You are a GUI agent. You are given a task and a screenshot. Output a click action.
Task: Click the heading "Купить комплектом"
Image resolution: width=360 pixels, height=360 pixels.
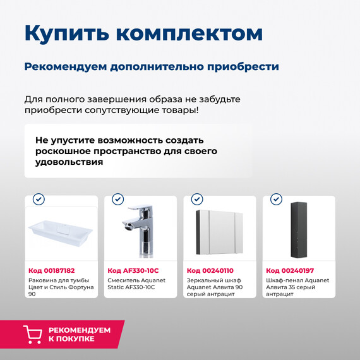coord(143,33)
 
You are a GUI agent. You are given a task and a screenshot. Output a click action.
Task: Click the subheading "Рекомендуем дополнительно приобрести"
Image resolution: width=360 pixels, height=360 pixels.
coord(152,67)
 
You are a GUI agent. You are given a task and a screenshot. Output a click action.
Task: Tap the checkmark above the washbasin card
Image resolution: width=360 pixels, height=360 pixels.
coord(39,199)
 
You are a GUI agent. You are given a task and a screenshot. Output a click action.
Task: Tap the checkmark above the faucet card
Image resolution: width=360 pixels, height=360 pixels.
coord(117,199)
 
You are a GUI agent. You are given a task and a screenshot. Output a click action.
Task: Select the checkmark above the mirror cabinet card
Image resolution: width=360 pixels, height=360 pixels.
coord(197,199)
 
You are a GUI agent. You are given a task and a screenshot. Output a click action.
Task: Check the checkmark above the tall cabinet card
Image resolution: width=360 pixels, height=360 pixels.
coord(276,199)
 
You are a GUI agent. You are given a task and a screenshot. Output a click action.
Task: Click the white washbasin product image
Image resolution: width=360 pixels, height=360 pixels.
coord(61,231)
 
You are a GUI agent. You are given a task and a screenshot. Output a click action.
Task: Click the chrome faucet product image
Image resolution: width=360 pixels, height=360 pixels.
coord(141,231)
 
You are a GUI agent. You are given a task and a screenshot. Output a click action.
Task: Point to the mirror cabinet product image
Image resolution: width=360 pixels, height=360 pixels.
coord(220,231)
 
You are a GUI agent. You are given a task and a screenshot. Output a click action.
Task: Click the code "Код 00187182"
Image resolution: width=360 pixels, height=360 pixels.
coord(52,270)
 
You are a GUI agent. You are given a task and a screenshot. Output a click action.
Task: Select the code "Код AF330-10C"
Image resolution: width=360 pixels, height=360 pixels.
coord(133,270)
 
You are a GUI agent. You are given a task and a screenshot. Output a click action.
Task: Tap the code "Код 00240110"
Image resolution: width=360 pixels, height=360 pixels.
coord(210,270)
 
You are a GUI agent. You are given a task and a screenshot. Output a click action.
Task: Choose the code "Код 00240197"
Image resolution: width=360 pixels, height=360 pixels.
coord(289,270)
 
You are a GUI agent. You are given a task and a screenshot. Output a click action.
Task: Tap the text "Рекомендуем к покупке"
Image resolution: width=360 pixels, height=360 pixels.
coord(79,334)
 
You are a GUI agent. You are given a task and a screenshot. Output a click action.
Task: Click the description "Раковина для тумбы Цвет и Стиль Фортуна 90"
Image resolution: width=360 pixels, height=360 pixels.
coord(61,287)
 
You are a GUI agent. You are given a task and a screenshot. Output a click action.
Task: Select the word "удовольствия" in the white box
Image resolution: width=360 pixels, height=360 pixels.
coord(69,162)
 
